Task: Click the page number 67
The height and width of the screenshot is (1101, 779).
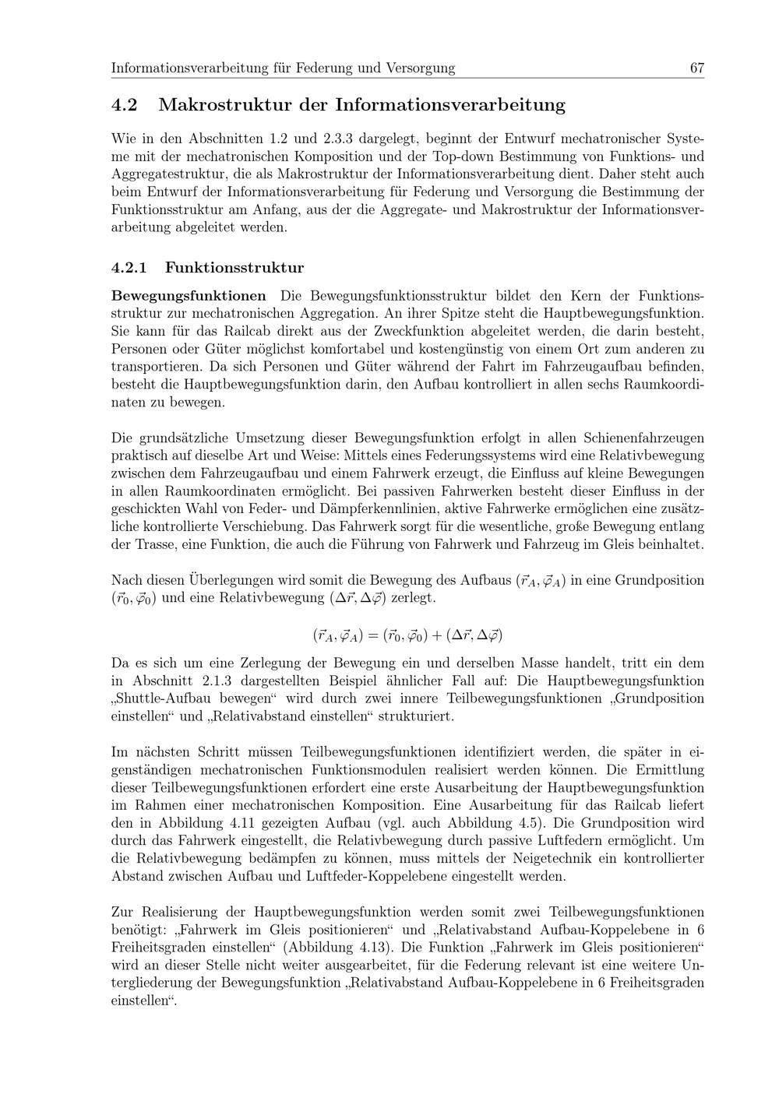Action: pos(696,68)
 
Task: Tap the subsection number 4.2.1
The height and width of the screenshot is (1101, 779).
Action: pos(129,268)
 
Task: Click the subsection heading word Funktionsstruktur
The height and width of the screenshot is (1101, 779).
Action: pos(234,268)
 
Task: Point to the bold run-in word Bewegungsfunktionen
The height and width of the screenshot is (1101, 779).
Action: pos(189,296)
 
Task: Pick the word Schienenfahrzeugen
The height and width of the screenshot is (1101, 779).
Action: pos(638,438)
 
